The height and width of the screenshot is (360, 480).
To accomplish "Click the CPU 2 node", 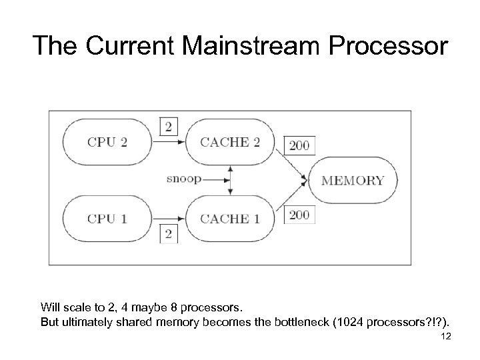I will pos(107,142).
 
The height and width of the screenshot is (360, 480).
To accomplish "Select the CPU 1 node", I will pos(107,219).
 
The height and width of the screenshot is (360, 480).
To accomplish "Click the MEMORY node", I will pos(352,180).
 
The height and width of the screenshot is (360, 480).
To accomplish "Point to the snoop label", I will pos(183,179).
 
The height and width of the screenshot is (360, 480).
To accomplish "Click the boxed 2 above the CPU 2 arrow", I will pos(168,125).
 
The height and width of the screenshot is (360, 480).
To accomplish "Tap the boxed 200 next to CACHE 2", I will pos(299,145).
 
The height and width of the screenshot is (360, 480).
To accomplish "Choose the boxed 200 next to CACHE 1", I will pos(299,215).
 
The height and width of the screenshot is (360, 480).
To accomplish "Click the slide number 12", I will pos(446,336).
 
